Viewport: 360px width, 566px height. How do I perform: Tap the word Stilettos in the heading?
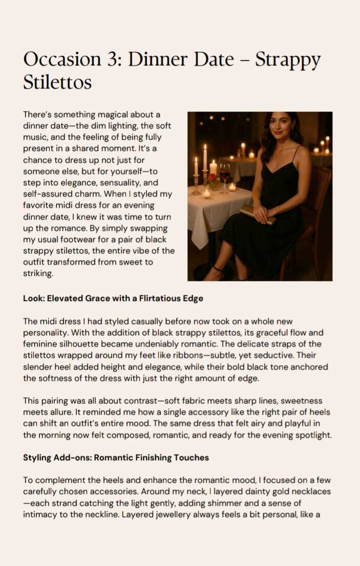pyautogui.click(x=57, y=81)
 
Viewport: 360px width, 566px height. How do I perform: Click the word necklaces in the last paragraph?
pyautogui.click(x=306, y=492)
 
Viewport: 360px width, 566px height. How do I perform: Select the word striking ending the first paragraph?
pyautogui.click(x=38, y=274)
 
